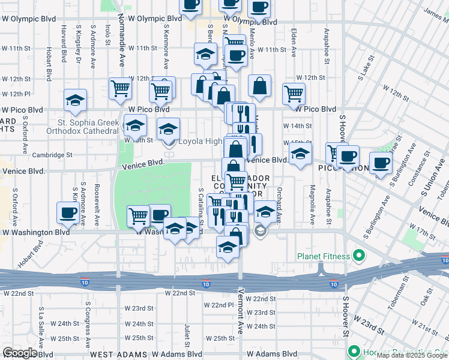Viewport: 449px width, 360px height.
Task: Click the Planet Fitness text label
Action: (323, 256)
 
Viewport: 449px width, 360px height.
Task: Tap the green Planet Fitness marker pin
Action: (359, 256)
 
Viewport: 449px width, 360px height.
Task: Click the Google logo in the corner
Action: (20, 353)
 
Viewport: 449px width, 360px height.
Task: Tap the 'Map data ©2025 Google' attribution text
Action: (412, 355)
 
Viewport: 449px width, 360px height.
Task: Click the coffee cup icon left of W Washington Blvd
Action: (67, 212)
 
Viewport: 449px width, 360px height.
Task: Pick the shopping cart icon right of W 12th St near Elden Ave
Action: (294, 93)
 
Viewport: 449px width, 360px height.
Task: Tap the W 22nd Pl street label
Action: (217, 305)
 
